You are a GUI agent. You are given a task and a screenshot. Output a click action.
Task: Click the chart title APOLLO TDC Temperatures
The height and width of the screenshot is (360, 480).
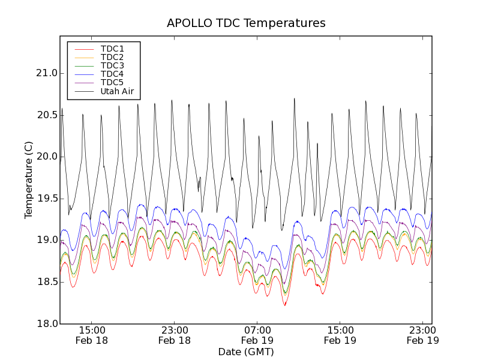point(246,23)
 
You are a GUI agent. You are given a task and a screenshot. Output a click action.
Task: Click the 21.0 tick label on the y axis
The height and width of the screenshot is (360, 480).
point(46,73)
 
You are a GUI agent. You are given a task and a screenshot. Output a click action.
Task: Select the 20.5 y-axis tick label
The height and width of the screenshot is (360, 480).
point(46,115)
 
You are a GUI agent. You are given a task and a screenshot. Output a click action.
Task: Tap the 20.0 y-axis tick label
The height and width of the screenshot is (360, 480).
point(46,157)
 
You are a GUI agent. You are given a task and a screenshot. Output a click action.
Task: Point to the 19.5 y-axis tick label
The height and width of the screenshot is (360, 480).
point(46,199)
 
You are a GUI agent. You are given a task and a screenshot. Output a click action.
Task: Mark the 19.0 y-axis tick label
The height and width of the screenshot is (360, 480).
point(46,240)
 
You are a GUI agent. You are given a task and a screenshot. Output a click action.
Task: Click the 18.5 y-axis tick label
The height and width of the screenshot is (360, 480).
point(46,282)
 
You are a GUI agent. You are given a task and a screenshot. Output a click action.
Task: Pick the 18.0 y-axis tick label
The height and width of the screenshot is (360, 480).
point(46,324)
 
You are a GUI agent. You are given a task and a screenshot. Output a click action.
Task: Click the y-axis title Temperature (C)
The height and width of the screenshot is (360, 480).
point(29,180)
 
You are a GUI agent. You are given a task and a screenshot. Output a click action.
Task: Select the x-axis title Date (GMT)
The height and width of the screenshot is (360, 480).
point(246,352)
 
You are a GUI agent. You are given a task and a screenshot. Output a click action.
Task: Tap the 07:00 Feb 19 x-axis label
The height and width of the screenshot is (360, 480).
point(257,335)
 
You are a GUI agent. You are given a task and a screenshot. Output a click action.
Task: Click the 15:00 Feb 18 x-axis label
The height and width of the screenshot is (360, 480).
point(92,335)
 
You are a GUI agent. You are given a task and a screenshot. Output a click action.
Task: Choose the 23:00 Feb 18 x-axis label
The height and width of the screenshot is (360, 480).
point(175,335)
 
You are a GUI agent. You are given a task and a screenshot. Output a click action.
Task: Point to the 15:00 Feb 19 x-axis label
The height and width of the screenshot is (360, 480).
point(340,335)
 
